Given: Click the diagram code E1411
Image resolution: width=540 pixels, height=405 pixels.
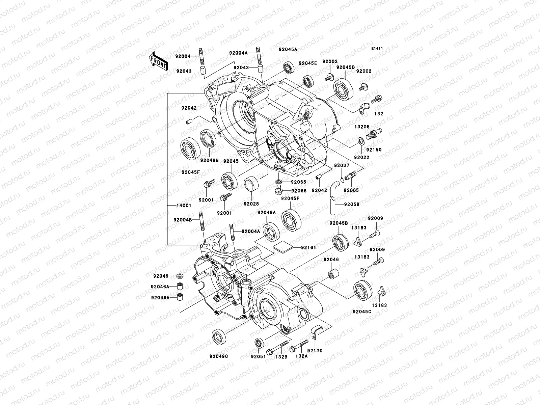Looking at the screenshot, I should coord(377,49).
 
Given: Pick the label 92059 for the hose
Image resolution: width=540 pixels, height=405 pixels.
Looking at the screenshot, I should coord(352,204).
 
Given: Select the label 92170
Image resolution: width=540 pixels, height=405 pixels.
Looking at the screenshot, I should coord(315,351).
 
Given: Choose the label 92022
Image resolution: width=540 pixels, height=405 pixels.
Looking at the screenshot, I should coord(361,157).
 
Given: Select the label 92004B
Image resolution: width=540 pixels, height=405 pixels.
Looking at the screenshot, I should coord(183,220).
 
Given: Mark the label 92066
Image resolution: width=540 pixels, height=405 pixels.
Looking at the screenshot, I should coord(299,191).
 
